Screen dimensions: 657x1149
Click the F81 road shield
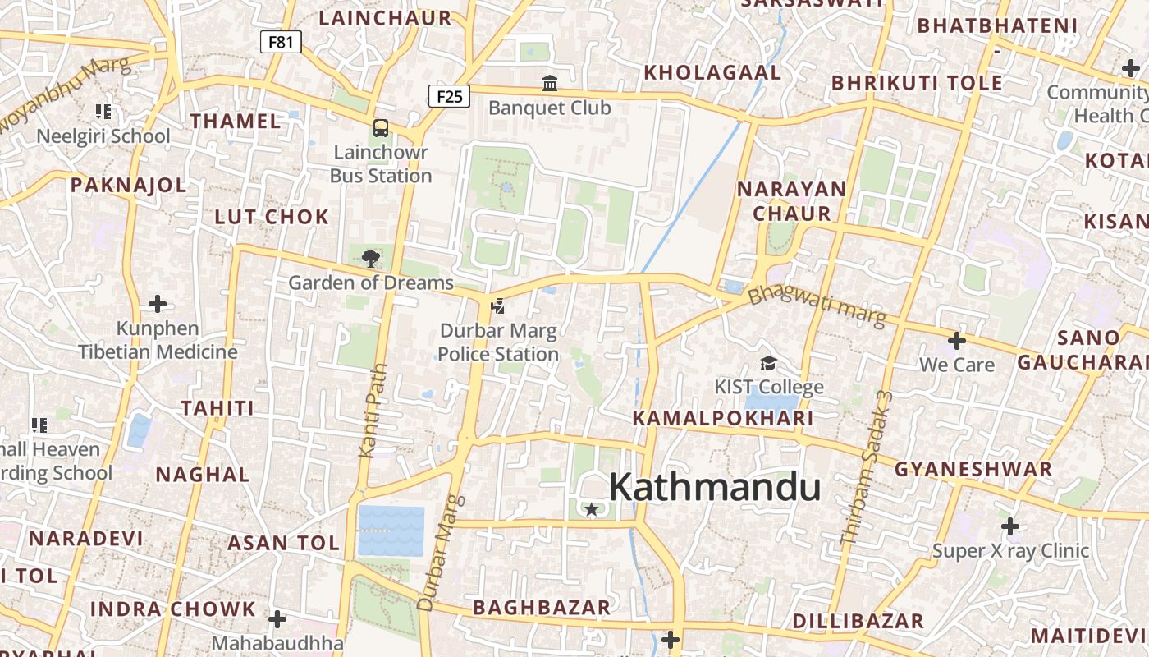(x=281, y=42)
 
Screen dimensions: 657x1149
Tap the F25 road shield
(x=449, y=96)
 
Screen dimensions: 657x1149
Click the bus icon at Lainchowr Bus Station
(x=381, y=127)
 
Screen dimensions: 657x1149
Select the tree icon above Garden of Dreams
(x=370, y=259)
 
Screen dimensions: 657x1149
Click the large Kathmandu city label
(x=714, y=487)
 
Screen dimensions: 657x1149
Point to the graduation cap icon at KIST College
(x=768, y=363)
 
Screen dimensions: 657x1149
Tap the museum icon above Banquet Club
(x=550, y=83)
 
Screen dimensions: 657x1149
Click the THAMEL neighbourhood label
(x=236, y=122)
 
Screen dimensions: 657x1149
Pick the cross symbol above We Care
(x=956, y=340)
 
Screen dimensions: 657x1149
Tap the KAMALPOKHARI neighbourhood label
(x=722, y=419)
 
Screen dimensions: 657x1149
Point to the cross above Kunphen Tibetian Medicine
(x=158, y=305)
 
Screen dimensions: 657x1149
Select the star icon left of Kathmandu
(x=591, y=510)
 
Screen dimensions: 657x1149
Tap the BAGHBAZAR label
(x=542, y=608)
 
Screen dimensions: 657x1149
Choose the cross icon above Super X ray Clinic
(x=1010, y=526)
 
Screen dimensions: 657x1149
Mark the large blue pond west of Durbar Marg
(x=391, y=531)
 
